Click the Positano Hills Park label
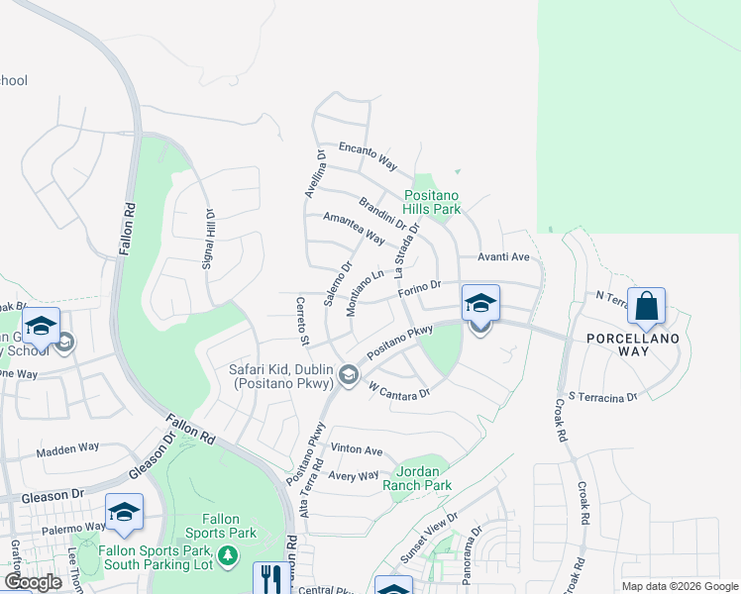(433, 203)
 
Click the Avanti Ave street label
(504, 257)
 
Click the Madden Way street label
(68, 448)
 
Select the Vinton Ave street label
(357, 450)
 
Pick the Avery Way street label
(354, 476)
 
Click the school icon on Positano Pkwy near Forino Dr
(480, 304)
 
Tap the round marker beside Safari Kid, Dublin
(348, 374)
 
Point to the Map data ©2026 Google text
(679, 586)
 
